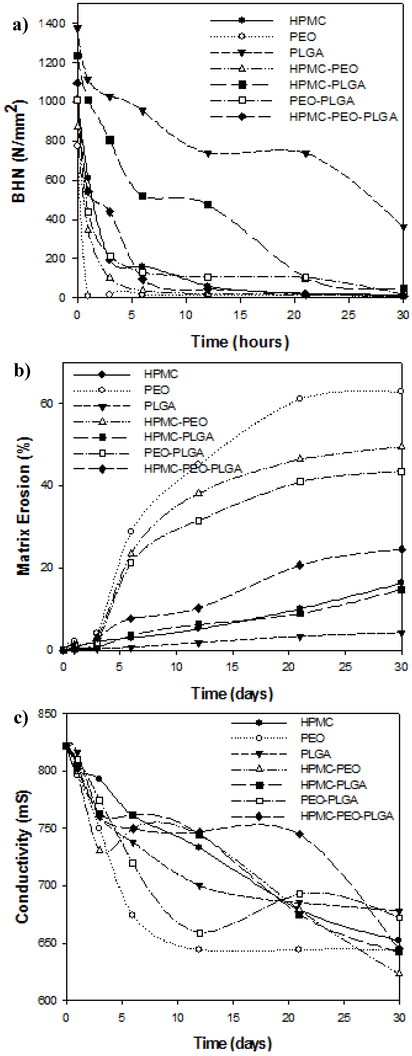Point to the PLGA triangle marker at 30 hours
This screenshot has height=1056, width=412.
[x=404, y=227]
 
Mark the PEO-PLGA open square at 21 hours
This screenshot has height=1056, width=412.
[x=305, y=277]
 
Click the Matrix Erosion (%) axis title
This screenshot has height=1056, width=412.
[x=24, y=506]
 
